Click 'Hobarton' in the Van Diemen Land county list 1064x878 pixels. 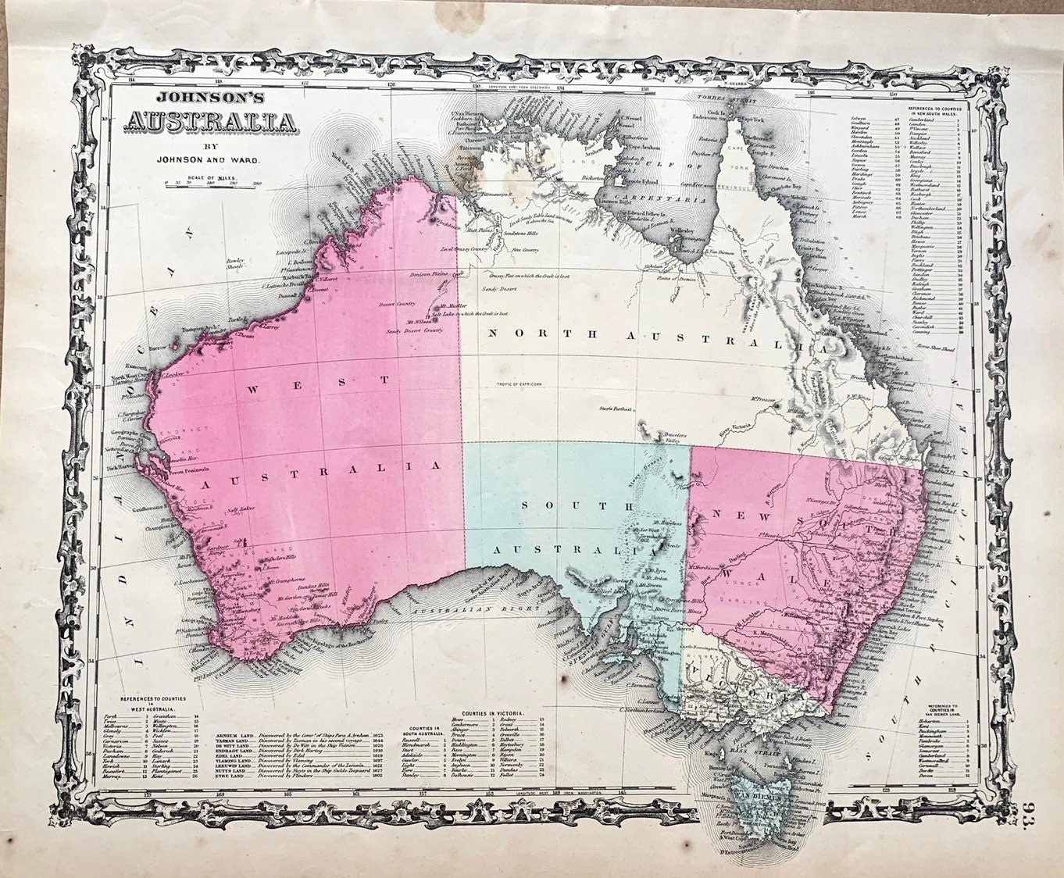click(933, 723)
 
